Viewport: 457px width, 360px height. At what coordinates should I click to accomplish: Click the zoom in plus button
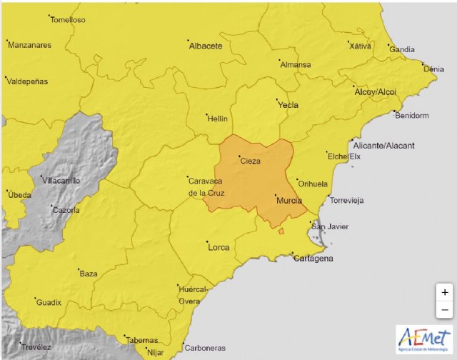pyautogui.click(x=445, y=292)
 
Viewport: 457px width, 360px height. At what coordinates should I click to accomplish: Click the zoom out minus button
pyautogui.click(x=445, y=309)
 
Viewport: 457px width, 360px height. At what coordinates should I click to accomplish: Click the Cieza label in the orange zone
pyautogui.click(x=250, y=161)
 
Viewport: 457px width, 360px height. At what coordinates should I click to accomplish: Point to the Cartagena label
pyautogui.click(x=313, y=259)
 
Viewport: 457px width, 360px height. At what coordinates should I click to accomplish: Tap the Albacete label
pyautogui.click(x=206, y=46)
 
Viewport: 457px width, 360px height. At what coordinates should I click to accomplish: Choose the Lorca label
pyautogui.click(x=218, y=247)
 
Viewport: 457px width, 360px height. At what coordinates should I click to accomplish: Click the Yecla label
pyautogui.click(x=287, y=105)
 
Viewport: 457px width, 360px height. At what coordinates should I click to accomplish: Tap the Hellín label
pyautogui.click(x=216, y=118)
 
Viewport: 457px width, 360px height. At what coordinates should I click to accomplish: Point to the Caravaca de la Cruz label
pyautogui.click(x=207, y=186)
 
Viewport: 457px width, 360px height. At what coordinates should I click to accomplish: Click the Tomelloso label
pyautogui.click(x=69, y=20)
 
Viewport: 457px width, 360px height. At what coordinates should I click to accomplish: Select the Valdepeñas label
pyautogui.click(x=27, y=81)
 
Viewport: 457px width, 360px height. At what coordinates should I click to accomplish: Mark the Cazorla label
pyautogui.click(x=67, y=210)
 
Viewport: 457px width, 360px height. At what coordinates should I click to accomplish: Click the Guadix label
pyautogui.click(x=49, y=302)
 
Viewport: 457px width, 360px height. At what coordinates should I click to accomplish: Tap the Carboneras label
pyautogui.click(x=204, y=349)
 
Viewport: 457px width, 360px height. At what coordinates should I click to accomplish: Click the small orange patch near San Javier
pyautogui.click(x=281, y=231)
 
